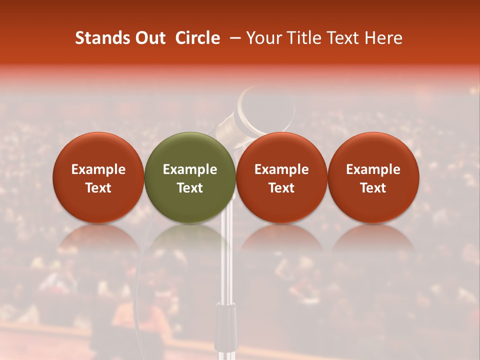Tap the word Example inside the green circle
pos(190,169)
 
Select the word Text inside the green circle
pos(190,188)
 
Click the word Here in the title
pos(384,38)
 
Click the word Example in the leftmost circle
pos(98,169)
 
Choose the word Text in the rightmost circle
pos(373,188)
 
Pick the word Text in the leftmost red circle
pos(98,188)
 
